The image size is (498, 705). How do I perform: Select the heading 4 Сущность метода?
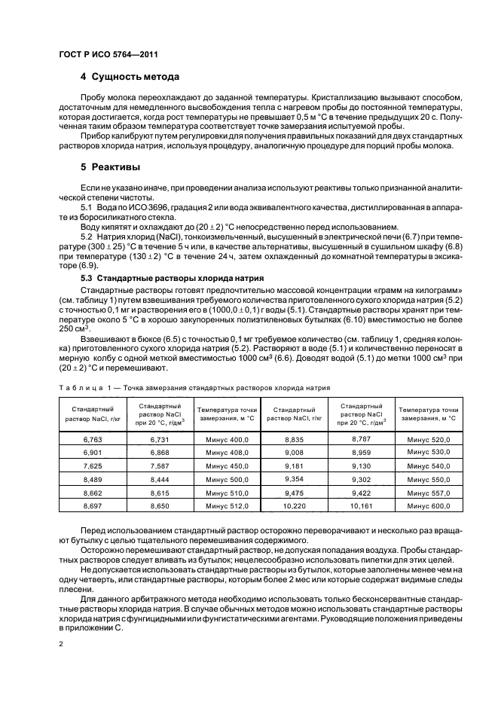(x=130, y=77)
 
